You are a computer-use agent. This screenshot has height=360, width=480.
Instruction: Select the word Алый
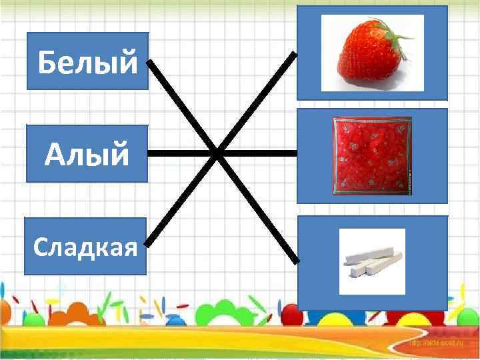(87, 155)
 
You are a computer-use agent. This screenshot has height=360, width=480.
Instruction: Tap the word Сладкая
(85, 247)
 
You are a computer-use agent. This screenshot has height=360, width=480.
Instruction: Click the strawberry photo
(371, 53)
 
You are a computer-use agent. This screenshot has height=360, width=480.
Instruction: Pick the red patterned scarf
(372, 156)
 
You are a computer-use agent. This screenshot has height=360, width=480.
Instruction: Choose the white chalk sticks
(372, 262)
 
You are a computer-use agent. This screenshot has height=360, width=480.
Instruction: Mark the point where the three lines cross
(218, 153)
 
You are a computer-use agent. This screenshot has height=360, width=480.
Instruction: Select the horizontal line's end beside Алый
(149, 153)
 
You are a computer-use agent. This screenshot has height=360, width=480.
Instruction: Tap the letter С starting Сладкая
(39, 248)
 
